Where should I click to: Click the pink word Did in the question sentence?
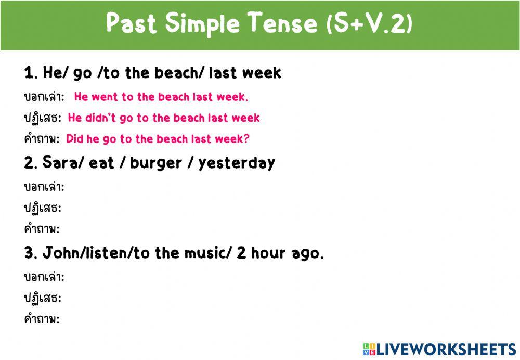tap(75, 139)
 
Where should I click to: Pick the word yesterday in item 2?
tap(236, 163)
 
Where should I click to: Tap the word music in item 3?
tap(203, 253)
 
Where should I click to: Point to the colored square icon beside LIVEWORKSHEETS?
tap(369, 349)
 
